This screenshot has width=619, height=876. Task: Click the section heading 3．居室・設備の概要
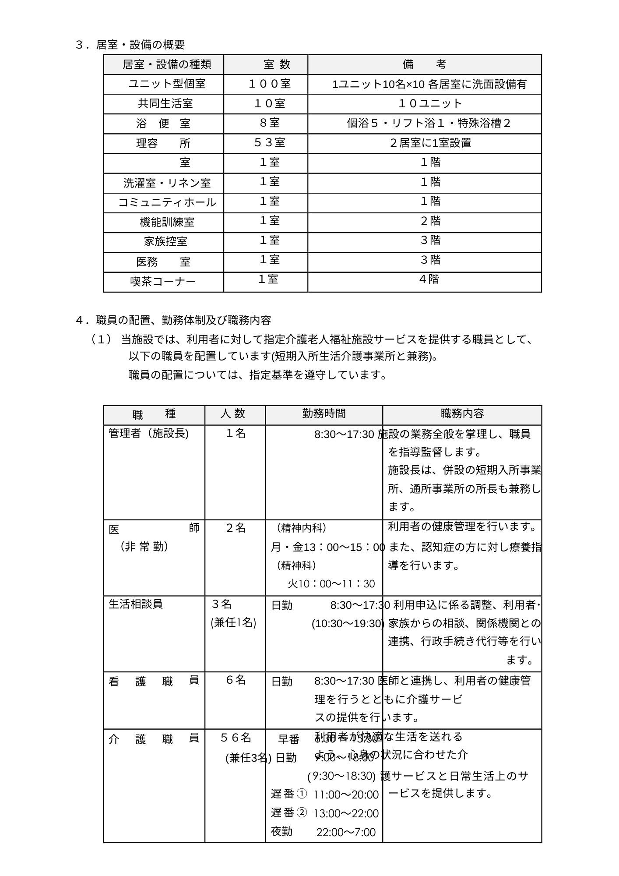(130, 45)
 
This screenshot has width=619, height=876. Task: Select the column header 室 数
(277, 65)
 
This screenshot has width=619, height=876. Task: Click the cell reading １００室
(269, 84)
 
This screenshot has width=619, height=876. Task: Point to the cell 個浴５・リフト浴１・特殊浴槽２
(429, 123)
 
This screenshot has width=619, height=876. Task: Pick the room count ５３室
(269, 142)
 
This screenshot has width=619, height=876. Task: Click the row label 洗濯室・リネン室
(167, 183)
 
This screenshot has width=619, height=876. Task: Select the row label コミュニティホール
(167, 202)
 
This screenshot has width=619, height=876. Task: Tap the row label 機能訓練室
(167, 222)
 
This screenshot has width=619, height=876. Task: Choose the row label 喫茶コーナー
(163, 281)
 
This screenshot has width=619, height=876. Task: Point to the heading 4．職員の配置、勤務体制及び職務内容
(173, 320)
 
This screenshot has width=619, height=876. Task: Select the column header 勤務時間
(324, 413)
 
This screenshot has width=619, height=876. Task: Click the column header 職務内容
(462, 413)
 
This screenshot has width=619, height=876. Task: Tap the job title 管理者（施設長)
(148, 434)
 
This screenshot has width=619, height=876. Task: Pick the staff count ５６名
(236, 738)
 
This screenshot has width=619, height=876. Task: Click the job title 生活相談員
(136, 604)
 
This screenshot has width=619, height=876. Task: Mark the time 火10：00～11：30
(331, 584)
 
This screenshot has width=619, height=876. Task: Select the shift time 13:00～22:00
(346, 813)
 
